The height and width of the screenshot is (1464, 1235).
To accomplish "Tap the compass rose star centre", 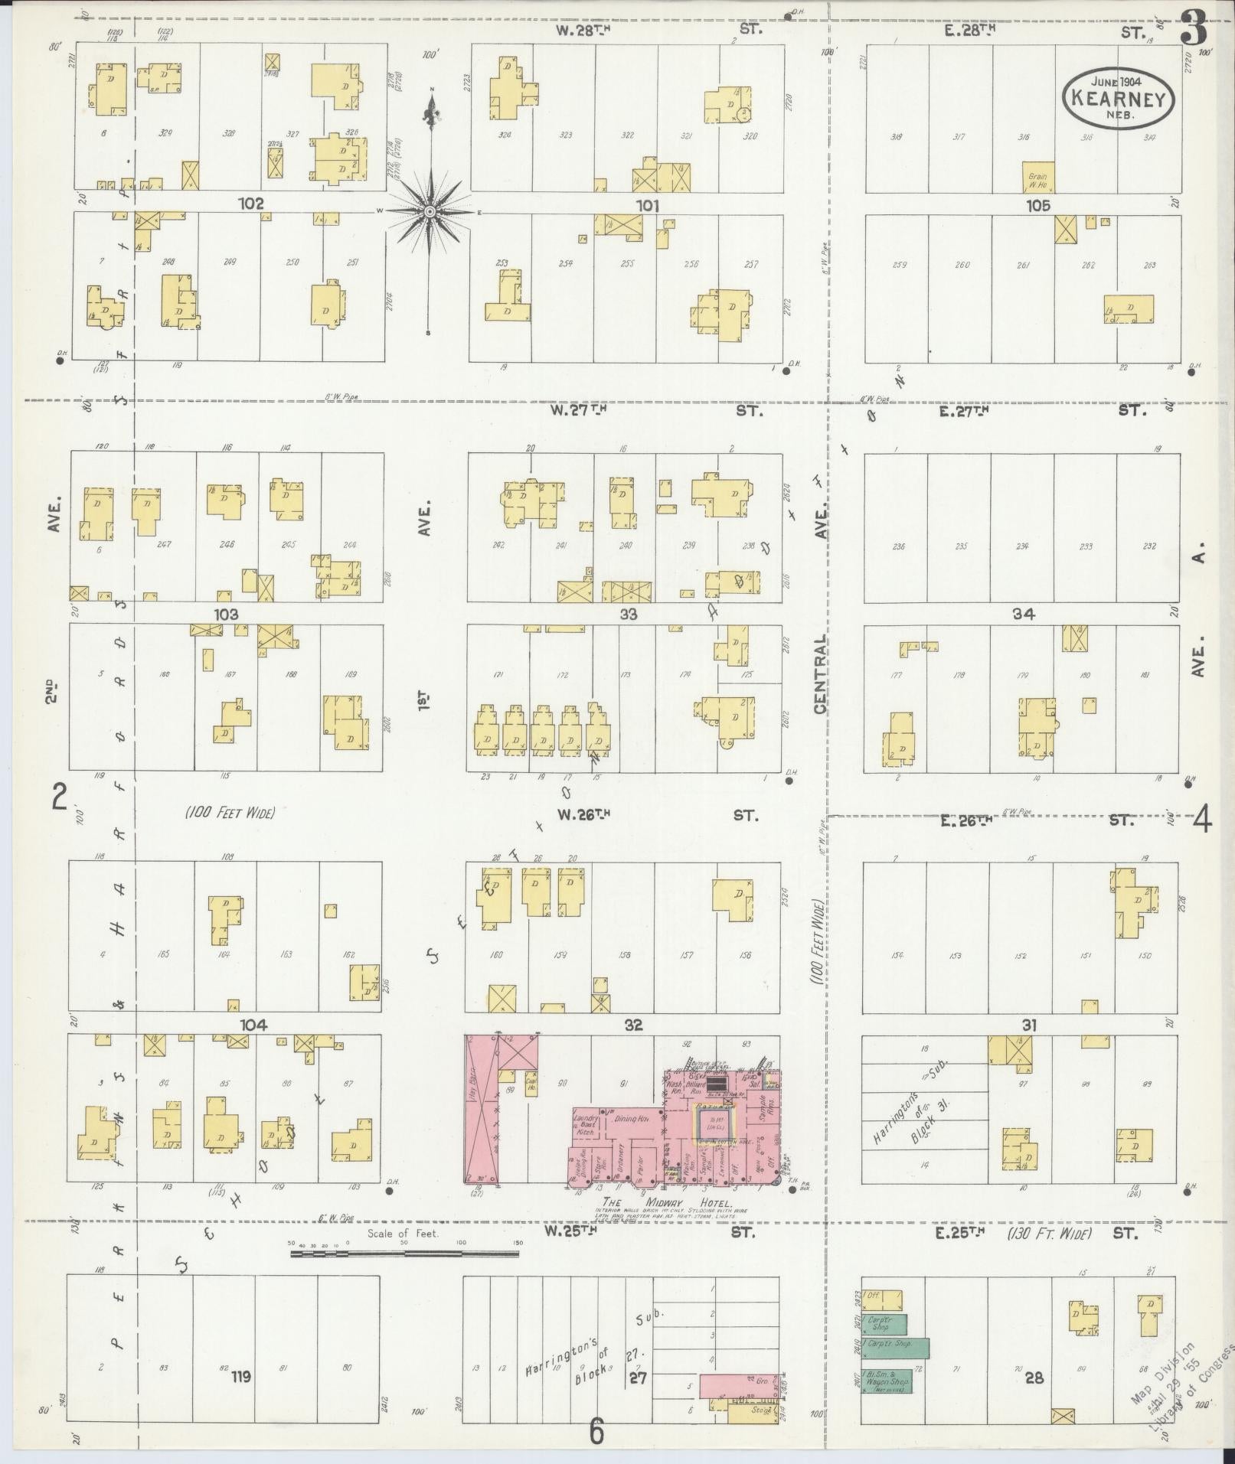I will (430, 211).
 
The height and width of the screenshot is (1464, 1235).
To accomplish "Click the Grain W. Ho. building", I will (1038, 178).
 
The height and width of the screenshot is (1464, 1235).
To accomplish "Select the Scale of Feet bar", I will (404, 1254).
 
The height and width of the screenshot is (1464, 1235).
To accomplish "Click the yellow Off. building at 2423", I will (882, 1300).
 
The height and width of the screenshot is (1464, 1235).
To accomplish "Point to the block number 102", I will (250, 204).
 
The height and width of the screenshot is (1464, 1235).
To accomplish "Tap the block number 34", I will (1023, 614).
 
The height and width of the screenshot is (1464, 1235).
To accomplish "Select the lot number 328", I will (228, 133).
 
